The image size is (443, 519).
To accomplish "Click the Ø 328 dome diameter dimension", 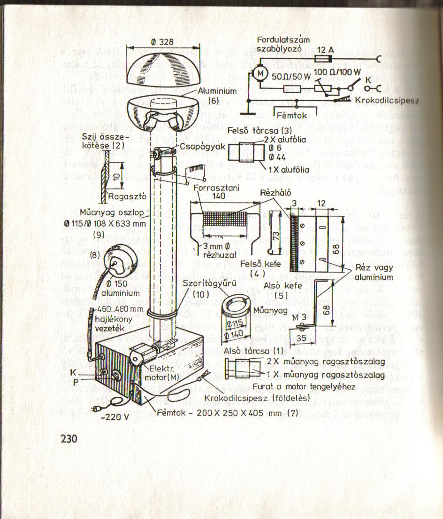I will (163, 42).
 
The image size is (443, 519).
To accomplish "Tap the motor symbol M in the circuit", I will (260, 73).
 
